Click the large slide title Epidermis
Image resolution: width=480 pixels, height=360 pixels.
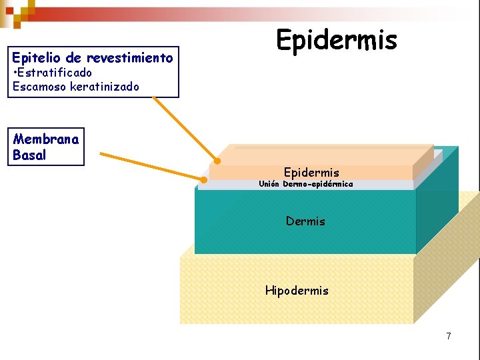(x=337, y=40)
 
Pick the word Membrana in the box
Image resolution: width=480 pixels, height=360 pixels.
(x=46, y=139)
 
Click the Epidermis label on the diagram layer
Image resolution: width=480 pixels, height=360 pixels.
(x=311, y=173)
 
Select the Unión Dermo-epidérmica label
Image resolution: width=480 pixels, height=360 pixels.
(x=306, y=184)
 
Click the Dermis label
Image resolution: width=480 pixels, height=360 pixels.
(x=305, y=221)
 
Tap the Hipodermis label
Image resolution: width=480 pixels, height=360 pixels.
(x=297, y=290)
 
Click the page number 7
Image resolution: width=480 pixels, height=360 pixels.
(x=449, y=336)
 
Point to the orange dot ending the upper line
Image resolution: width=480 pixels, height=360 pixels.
(x=217, y=161)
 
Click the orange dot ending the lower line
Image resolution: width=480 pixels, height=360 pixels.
(x=204, y=179)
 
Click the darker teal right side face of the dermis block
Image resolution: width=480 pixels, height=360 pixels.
(x=437, y=200)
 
